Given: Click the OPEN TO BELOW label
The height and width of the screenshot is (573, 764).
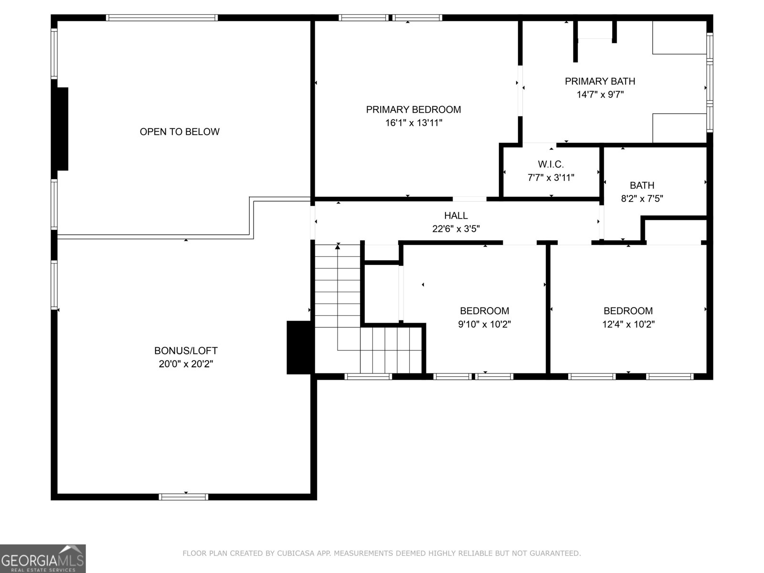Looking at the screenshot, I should (x=180, y=132).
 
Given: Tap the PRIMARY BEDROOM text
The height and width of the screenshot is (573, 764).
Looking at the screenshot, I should (x=414, y=110).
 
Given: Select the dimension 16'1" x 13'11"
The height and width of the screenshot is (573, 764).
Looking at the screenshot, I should (x=414, y=123).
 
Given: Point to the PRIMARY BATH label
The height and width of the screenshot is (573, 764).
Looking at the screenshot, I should (x=600, y=81).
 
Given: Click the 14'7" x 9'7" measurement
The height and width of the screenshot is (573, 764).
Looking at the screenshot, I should (x=600, y=95).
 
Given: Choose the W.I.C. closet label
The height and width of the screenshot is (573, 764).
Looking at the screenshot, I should (x=551, y=164).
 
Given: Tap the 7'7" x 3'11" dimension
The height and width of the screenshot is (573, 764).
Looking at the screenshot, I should (x=551, y=178).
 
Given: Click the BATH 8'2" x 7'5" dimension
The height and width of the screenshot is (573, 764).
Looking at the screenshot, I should (x=642, y=199).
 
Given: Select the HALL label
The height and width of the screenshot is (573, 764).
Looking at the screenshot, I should (x=456, y=216).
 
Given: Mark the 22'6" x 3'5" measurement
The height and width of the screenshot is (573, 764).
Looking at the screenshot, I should (x=456, y=229).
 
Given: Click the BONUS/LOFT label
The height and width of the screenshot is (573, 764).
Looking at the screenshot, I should (x=186, y=350).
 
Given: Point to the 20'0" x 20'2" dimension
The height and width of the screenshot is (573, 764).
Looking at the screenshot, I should (x=186, y=364).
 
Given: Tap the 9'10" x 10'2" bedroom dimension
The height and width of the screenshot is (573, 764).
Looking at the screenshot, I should (x=484, y=324).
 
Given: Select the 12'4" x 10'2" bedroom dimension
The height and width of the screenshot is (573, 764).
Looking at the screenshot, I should (x=628, y=324).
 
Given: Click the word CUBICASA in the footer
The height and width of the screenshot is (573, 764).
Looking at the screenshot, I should (x=298, y=553).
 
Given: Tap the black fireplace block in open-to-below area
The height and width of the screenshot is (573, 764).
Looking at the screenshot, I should (x=63, y=129).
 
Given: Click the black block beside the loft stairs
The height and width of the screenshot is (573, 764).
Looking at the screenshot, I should (x=300, y=347).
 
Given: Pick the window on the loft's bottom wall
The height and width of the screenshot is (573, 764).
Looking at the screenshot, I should (x=183, y=497).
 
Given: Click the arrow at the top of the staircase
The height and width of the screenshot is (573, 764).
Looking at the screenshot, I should (x=338, y=247).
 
